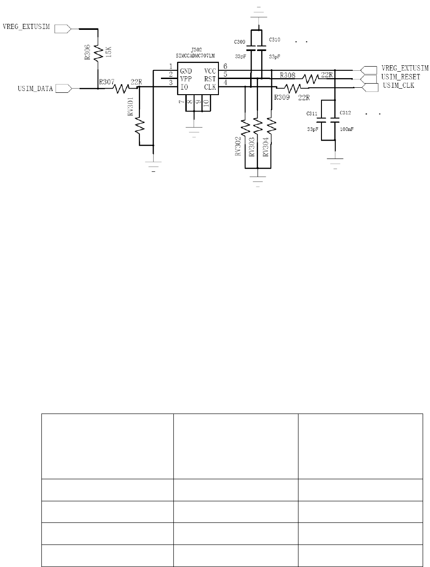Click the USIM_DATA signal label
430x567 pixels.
(35, 89)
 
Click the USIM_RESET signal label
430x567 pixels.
(401, 77)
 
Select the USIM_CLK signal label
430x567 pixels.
(398, 85)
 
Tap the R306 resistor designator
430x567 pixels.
(87, 52)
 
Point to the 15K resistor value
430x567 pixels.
(109, 52)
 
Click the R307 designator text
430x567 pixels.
(107, 82)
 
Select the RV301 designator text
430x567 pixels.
(131, 106)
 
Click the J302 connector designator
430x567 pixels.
(196, 50)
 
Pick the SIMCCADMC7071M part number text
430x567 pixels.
(195, 56)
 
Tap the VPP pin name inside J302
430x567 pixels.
(186, 79)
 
